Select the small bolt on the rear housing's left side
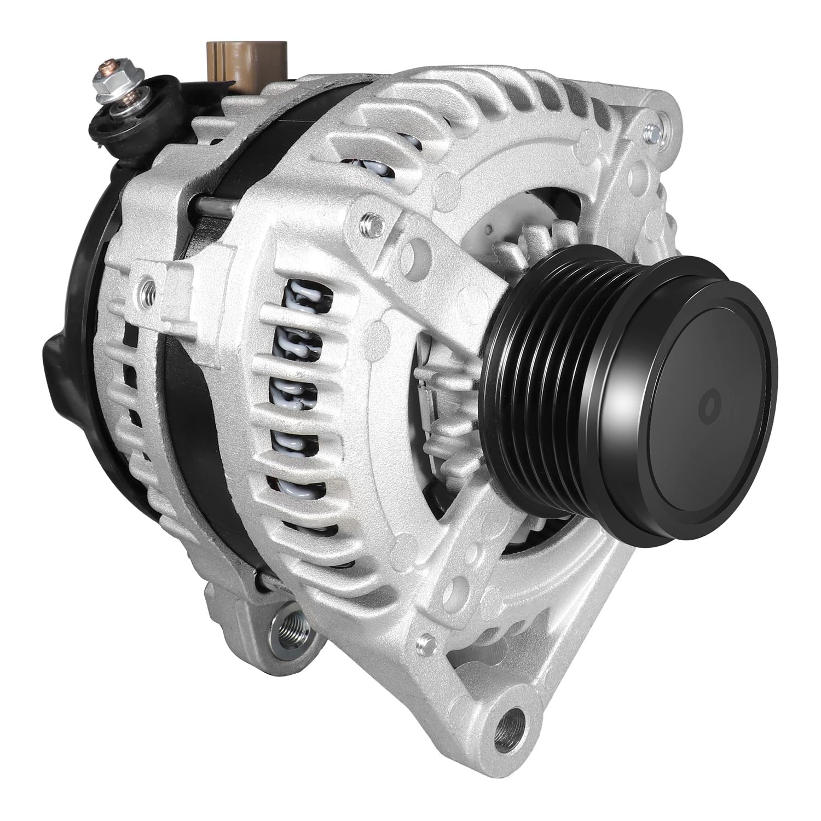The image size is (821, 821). coord(145,285)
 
